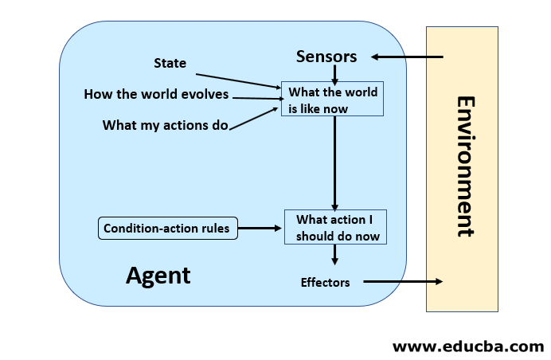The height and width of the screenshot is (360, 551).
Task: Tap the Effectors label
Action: (325, 282)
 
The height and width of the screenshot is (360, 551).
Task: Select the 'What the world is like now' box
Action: (333, 99)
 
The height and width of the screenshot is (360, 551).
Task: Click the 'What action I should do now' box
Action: (336, 228)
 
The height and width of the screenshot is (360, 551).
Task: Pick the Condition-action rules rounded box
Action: (166, 229)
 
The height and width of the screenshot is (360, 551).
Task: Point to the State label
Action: (170, 62)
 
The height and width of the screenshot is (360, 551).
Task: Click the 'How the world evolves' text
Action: (156, 95)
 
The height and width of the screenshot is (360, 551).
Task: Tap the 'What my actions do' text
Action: (166, 125)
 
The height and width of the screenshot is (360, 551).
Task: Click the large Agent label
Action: (158, 276)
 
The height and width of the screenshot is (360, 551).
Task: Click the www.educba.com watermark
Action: (468, 346)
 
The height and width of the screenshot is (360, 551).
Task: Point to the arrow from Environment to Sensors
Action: (407, 57)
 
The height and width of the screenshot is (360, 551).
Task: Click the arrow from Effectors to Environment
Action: (403, 282)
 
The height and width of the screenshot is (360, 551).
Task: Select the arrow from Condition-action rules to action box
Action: (260, 229)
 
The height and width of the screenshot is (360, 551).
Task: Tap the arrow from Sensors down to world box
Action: (335, 74)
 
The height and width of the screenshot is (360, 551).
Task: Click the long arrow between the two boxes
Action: (335, 162)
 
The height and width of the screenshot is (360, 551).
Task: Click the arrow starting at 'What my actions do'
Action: (255, 116)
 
